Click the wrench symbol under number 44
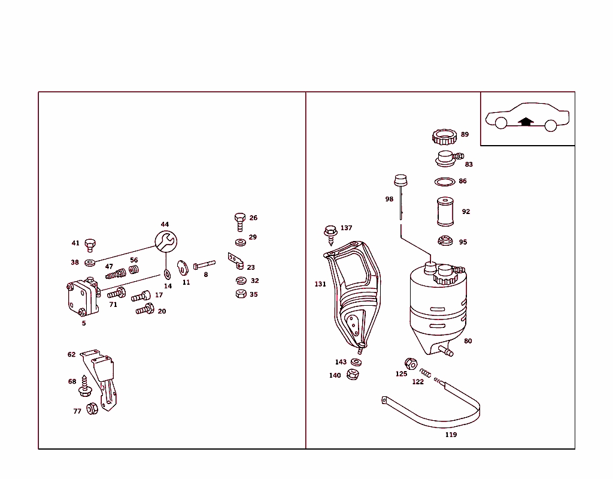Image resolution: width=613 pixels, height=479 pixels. (166, 242)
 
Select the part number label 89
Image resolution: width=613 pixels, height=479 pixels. (465, 135)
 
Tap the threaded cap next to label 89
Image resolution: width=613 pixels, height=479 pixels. (443, 137)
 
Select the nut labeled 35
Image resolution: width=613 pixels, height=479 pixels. (240, 294)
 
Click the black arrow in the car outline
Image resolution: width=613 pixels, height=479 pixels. (526, 121)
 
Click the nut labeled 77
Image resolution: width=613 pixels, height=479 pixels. (92, 409)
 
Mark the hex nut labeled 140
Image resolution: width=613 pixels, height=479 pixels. (353, 375)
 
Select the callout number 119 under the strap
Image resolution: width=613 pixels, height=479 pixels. (451, 435)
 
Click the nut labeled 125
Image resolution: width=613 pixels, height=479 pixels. (411, 363)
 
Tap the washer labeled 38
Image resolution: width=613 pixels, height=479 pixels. (90, 262)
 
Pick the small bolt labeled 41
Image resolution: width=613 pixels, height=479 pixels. (90, 245)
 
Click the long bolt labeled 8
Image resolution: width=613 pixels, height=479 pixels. (204, 264)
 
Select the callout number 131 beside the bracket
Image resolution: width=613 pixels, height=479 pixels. (320, 284)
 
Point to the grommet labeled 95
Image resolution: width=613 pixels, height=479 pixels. (444, 242)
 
